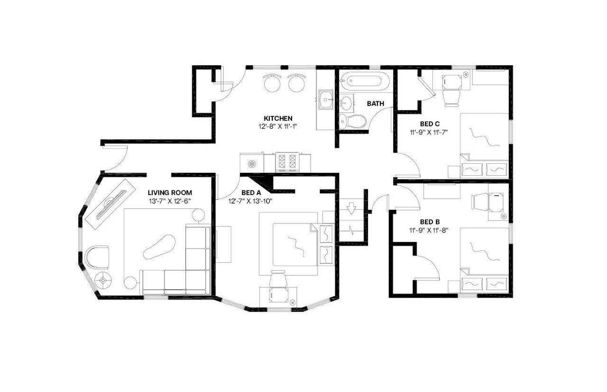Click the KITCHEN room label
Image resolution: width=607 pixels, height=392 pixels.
278,118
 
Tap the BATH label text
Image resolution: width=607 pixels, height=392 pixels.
375,104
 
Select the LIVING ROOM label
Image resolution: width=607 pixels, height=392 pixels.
170,193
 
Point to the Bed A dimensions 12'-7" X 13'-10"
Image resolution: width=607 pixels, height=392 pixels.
251,201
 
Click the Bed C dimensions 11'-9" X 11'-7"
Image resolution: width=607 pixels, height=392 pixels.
429,133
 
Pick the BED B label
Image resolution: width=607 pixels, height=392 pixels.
430,222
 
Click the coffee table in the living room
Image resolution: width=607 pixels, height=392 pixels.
159,246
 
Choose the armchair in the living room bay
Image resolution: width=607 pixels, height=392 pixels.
97,257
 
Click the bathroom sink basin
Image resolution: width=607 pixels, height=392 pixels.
347,101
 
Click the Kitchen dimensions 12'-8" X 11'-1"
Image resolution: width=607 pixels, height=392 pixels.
278,126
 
